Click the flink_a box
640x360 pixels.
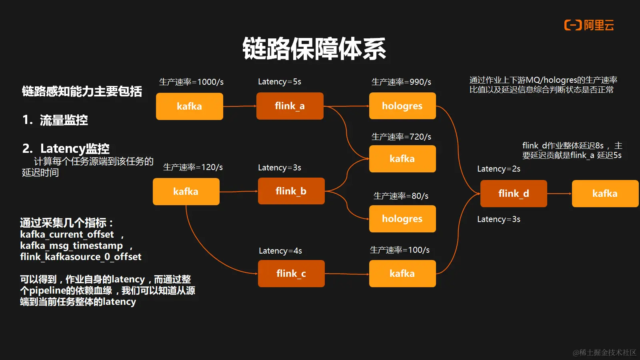290,106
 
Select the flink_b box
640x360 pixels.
291,191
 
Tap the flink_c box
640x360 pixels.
291,274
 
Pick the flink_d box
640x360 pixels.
514,194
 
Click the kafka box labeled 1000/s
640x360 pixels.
189,106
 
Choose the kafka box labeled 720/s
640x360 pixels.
402,159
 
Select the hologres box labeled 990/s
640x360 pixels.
402,106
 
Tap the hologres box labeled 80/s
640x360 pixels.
402,219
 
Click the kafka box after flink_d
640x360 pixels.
605,194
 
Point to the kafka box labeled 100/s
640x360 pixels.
402,274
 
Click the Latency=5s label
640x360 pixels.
280,82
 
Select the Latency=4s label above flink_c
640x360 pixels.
280,251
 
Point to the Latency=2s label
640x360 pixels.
499,169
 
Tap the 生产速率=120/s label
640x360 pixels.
193,167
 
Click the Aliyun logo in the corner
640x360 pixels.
589,25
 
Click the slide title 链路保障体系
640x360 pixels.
314,49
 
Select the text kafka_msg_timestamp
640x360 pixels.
72,246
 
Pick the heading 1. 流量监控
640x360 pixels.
55,120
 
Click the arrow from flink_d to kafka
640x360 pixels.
559,194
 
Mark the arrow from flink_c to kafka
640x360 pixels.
347,274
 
